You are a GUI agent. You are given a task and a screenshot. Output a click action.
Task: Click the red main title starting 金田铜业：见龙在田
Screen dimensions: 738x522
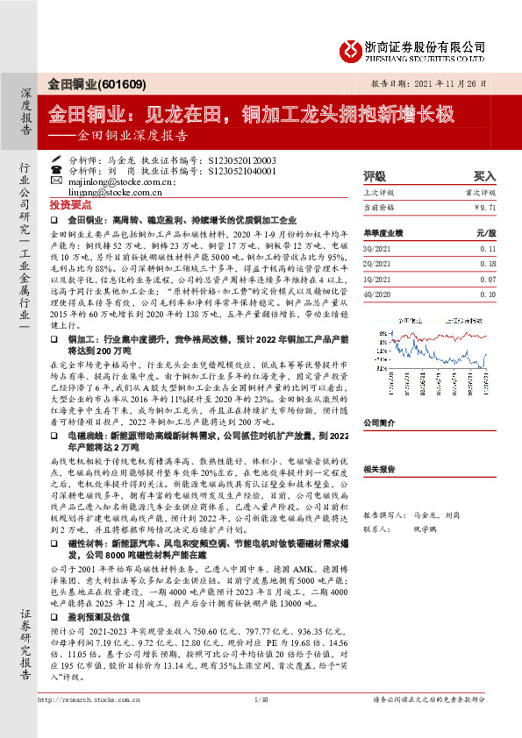250,113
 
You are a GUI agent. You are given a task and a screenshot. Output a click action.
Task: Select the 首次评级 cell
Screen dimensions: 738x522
482,191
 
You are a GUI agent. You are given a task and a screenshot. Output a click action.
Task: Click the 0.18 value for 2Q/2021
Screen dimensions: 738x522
487,262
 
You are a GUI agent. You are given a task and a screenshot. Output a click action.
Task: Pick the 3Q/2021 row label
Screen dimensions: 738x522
375,249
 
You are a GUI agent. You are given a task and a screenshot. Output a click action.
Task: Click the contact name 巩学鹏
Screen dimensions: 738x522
425,529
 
